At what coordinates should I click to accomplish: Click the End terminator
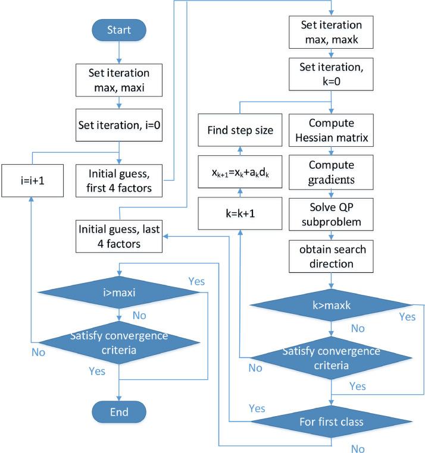click(x=120, y=411)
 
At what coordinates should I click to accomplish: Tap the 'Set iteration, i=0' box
click(x=120, y=126)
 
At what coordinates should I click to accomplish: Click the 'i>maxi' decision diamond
click(x=120, y=292)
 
